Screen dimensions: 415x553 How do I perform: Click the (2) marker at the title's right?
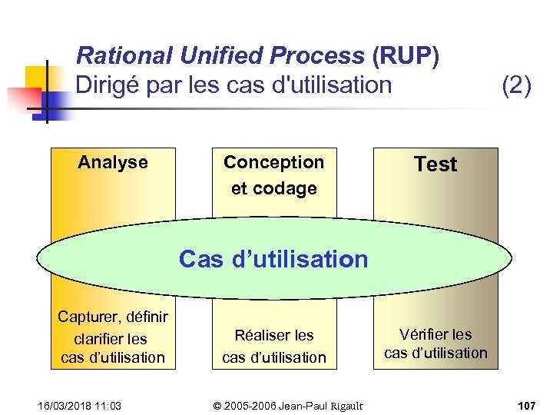coord(516,85)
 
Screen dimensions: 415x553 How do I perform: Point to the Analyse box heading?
coord(113,162)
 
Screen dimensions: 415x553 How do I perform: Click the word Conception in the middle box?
coord(274,162)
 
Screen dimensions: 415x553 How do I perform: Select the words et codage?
coord(274,188)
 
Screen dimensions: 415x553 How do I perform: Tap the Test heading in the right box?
coord(435,164)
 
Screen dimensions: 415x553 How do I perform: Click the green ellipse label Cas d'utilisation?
coord(273,260)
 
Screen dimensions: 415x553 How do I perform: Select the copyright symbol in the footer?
coord(217,405)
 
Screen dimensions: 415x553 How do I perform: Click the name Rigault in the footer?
coord(343,405)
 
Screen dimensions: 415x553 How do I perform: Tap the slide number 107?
coord(526,405)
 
